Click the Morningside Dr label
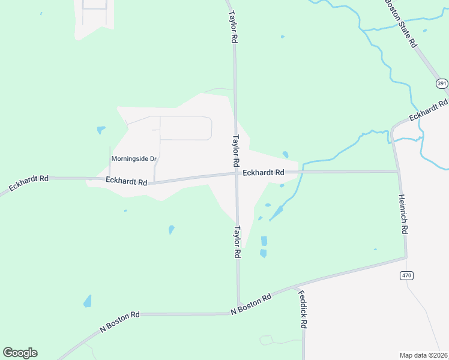tap(134, 159)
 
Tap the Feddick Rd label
tap(303, 310)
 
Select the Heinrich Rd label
tap(404, 214)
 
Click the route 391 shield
tap(442, 83)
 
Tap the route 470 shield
tap(406, 275)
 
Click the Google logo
tap(20, 353)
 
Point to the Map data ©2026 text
tap(424, 355)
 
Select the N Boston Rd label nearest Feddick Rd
tap(252, 304)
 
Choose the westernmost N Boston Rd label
tap(120, 322)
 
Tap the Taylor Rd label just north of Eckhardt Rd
tap(236, 150)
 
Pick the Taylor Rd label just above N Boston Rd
tap(238, 242)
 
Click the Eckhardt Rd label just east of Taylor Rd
tap(264, 173)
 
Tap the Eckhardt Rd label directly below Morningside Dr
tap(126, 181)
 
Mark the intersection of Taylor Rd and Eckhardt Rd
tap(236, 174)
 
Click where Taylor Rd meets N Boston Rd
tap(239, 304)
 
